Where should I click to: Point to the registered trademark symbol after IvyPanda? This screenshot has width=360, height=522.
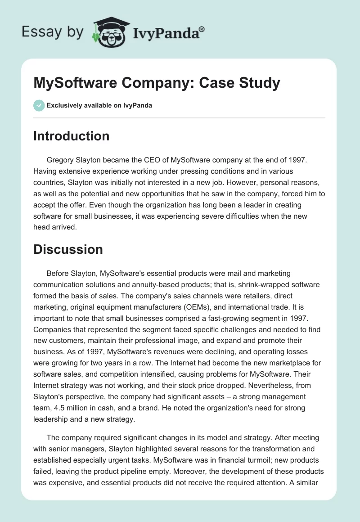(x=202, y=29)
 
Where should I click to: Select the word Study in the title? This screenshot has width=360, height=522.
(x=259, y=83)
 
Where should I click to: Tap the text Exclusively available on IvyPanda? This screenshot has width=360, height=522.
(x=99, y=106)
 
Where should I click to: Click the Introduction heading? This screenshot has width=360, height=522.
(x=71, y=136)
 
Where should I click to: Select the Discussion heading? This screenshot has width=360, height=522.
(x=68, y=249)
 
